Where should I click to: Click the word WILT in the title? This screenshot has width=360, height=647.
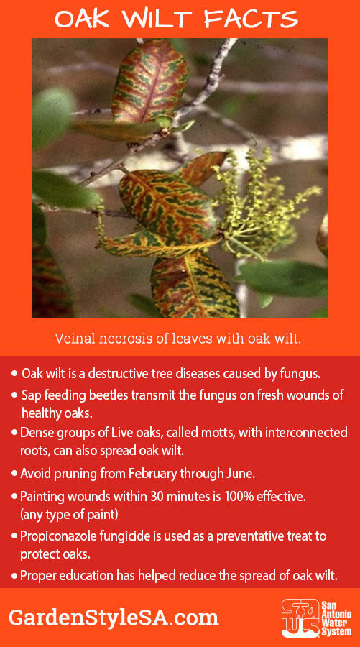coord(157,19)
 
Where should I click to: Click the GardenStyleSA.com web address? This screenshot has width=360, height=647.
coord(114,618)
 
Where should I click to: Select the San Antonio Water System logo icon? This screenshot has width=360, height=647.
coord(300,618)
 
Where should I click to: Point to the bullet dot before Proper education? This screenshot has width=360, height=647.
coord(15,576)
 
